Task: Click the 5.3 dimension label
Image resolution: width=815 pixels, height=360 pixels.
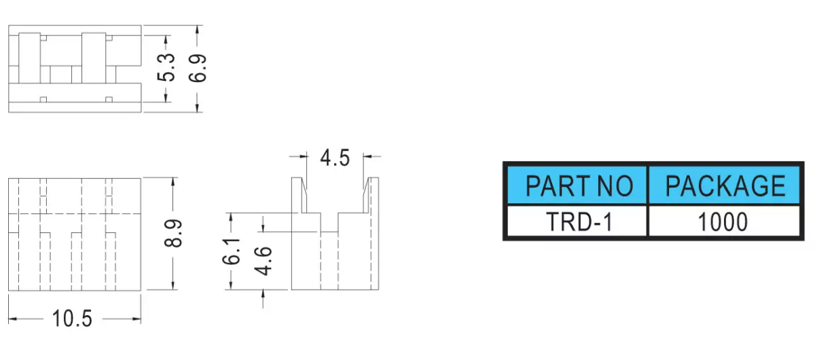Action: [166, 67]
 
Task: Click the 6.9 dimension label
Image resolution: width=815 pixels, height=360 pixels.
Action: [198, 68]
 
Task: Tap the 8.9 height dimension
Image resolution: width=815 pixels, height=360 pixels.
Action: [173, 234]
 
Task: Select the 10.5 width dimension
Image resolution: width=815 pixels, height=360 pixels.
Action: [72, 319]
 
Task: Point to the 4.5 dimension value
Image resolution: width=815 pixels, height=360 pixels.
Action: [335, 158]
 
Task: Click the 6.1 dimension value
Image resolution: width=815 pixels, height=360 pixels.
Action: [232, 251]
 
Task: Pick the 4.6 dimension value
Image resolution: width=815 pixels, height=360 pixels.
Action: [263, 261]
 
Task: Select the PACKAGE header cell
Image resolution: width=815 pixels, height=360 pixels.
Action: [725, 185]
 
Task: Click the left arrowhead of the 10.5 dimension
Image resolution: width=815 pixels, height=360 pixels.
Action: [12, 319]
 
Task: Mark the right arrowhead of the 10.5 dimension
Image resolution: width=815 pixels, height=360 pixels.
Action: [137, 319]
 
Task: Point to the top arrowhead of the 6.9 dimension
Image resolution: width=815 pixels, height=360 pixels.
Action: [197, 30]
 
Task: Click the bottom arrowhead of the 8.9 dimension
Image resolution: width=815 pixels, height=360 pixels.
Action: [173, 285]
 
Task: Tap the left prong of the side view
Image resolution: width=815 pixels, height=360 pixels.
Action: [299, 195]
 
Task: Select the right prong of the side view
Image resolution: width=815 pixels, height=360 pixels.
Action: [371, 195]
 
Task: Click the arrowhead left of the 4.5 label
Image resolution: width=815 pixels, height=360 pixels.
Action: [303, 156]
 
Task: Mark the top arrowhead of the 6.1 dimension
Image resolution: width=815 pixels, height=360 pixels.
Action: [231, 217]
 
